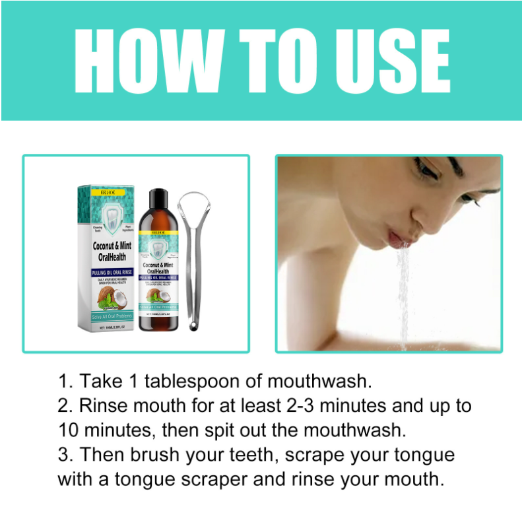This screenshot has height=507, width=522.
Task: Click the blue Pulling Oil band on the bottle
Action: (x=158, y=278)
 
